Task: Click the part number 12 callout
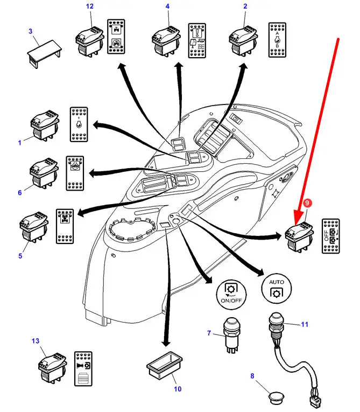(89, 6)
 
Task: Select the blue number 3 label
(31, 31)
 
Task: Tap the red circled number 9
(307, 204)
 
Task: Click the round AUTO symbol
(276, 288)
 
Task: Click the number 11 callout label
(305, 324)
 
